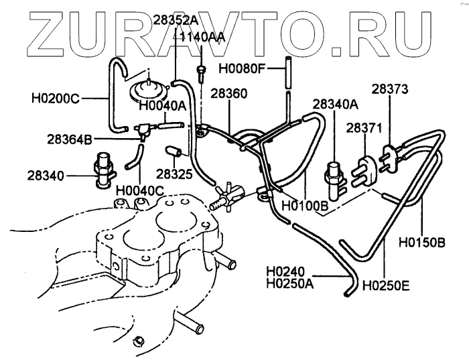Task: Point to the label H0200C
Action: (56, 99)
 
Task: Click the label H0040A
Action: (162, 105)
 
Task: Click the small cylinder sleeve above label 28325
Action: (174, 149)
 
